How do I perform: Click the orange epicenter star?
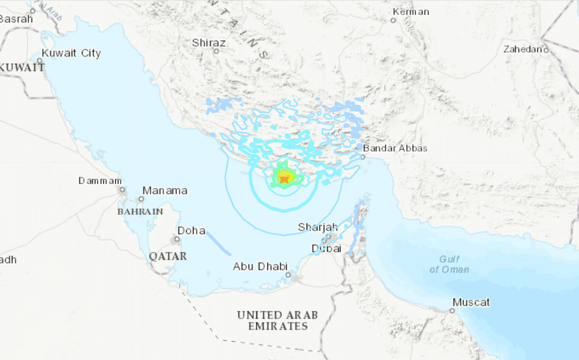[x=284, y=178]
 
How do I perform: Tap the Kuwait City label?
[x=71, y=53]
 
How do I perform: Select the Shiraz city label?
[x=209, y=43]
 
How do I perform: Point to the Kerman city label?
[x=411, y=11]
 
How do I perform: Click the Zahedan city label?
[x=523, y=49]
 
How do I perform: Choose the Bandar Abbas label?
[x=395, y=148]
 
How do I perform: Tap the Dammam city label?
[x=100, y=181]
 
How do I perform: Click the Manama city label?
[x=165, y=190]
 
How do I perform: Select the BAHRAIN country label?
[x=140, y=212]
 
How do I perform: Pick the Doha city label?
[x=191, y=230]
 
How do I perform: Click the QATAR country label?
[x=168, y=256]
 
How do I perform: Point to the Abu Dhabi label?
[x=261, y=266]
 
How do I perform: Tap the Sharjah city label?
[x=318, y=227]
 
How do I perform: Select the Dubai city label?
[x=326, y=249]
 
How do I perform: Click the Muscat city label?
[x=471, y=302]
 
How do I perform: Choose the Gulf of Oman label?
[x=449, y=264]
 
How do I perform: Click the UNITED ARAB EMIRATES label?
[x=278, y=320]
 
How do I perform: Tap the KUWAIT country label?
[x=21, y=67]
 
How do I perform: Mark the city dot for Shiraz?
[x=216, y=51]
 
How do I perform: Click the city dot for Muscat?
[x=452, y=310]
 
